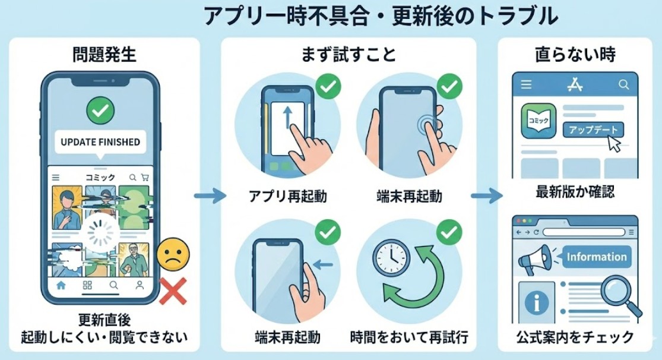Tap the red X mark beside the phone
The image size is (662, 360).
point(173,291)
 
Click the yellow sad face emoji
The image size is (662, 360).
point(173,254)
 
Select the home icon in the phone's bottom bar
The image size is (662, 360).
point(61,286)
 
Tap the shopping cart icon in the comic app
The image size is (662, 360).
point(145,178)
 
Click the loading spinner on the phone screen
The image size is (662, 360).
point(100,233)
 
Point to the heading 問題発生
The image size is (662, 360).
point(104,55)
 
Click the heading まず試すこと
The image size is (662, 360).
point(349,55)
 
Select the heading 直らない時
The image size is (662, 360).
point(575,55)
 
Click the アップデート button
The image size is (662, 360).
point(593,130)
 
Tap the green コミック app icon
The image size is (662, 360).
point(539,121)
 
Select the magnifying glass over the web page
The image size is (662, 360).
point(620,295)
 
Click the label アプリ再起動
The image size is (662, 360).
point(288,197)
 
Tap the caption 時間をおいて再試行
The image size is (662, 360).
point(409,337)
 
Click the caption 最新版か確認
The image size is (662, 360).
point(575,192)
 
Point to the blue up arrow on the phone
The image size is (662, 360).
point(287,117)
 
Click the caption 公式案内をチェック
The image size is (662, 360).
point(575,337)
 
